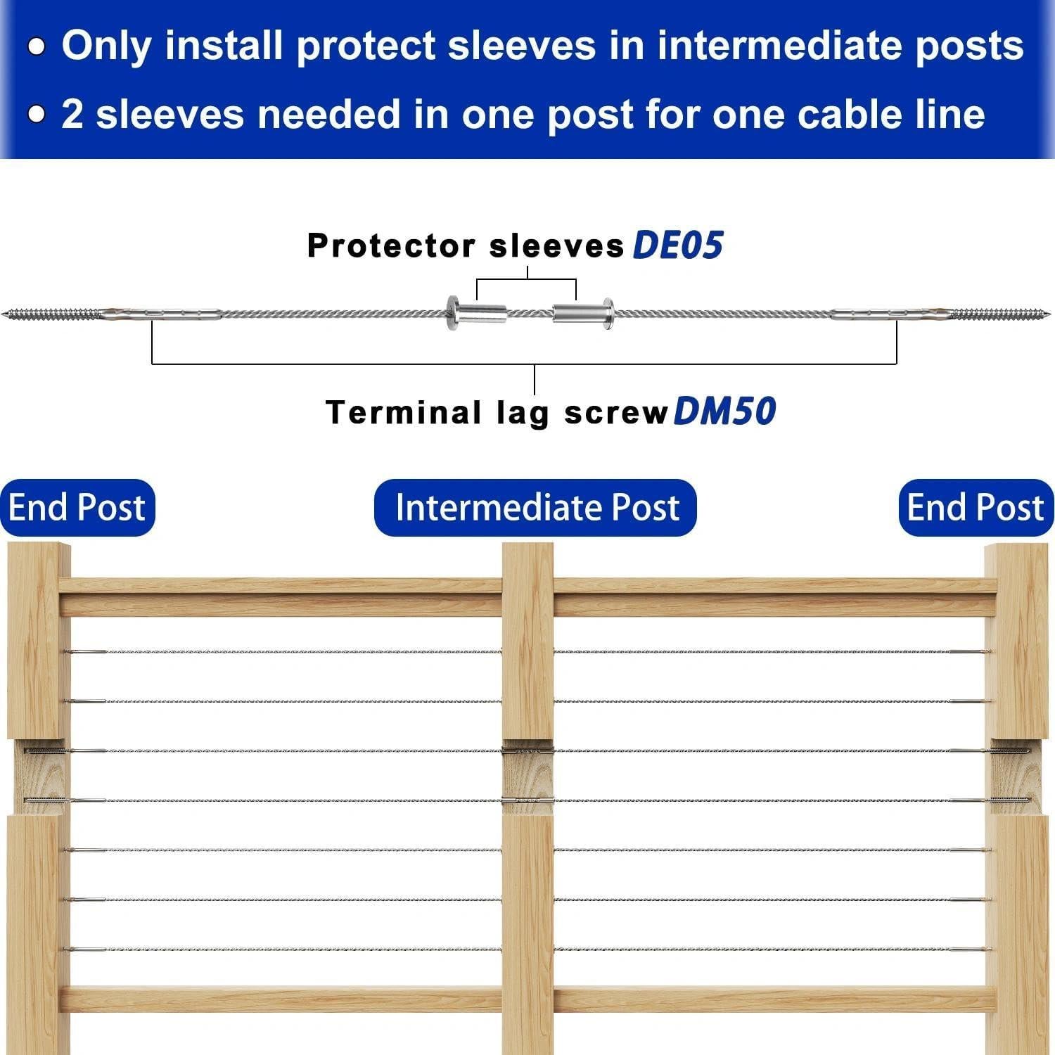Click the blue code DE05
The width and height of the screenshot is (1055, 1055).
point(677,245)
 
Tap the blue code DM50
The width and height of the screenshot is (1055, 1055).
point(724,411)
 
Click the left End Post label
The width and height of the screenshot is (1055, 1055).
point(77,507)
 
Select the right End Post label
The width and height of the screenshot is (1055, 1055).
point(976,507)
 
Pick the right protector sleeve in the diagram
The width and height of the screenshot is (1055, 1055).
point(583,311)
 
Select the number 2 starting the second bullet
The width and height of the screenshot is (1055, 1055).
point(72,114)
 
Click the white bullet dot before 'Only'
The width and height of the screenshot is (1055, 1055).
point(37,47)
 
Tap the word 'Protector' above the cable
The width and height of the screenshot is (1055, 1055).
point(392,246)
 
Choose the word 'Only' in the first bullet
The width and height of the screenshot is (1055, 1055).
point(106,46)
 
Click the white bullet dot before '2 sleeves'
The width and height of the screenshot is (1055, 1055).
point(37,114)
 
